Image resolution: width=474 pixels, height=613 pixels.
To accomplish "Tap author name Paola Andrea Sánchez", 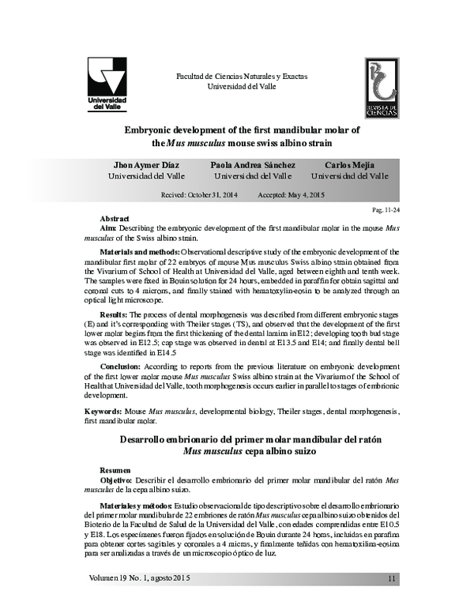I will pos(253,164).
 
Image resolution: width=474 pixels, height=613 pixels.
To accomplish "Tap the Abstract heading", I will pos(115,218).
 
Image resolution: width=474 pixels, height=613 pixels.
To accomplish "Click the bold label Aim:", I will pos(109,228).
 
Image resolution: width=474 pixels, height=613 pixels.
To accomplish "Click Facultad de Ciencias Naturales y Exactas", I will pos(241,77).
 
